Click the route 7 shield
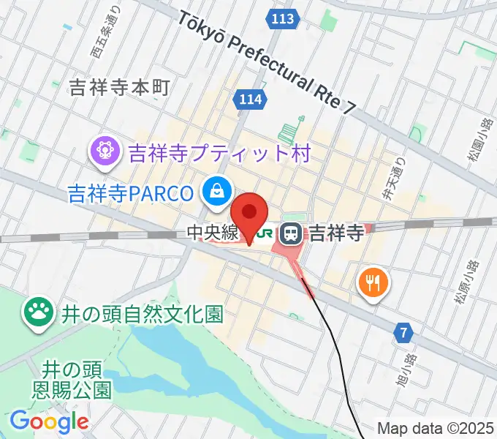(403, 334)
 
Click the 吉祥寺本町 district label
(120, 88)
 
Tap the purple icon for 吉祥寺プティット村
(104, 151)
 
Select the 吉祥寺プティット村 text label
(220, 154)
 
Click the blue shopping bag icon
(217, 192)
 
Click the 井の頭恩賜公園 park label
(70, 378)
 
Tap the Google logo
(49, 421)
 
